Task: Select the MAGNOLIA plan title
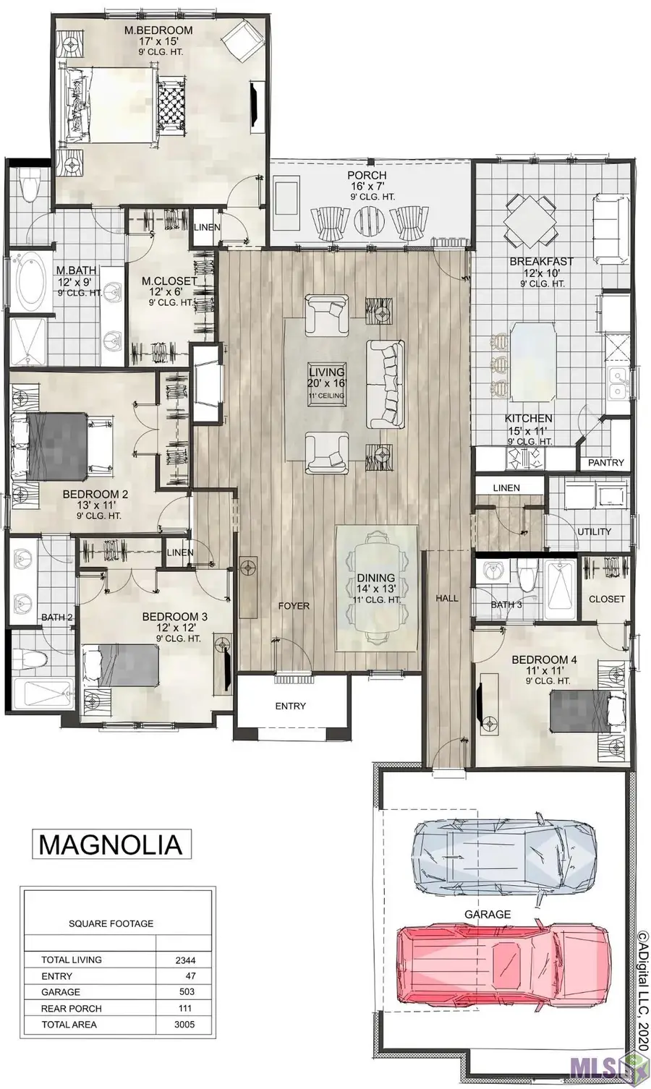point(109,844)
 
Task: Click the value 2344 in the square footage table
point(185,961)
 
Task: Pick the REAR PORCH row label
point(71,1009)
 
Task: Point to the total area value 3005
point(185,1025)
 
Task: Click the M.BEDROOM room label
point(158,30)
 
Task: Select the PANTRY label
point(605,463)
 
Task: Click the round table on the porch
point(370,218)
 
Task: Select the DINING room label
point(375,578)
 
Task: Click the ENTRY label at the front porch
point(290,706)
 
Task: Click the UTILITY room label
point(594,531)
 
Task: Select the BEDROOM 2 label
point(95,495)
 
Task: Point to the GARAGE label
point(487,914)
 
